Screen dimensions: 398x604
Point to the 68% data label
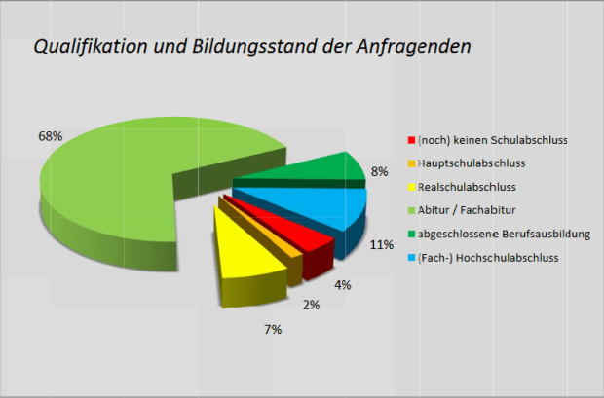click(51, 136)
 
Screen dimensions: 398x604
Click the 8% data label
click(380, 171)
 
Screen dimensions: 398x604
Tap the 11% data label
click(382, 246)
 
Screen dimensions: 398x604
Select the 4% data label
click(343, 285)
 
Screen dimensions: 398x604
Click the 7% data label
click(273, 330)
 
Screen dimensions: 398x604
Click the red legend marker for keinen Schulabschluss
click(411, 140)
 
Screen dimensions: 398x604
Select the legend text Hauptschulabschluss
click(473, 163)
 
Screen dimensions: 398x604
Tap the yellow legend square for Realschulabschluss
click(411, 187)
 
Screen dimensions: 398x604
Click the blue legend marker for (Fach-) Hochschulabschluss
click(411, 257)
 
